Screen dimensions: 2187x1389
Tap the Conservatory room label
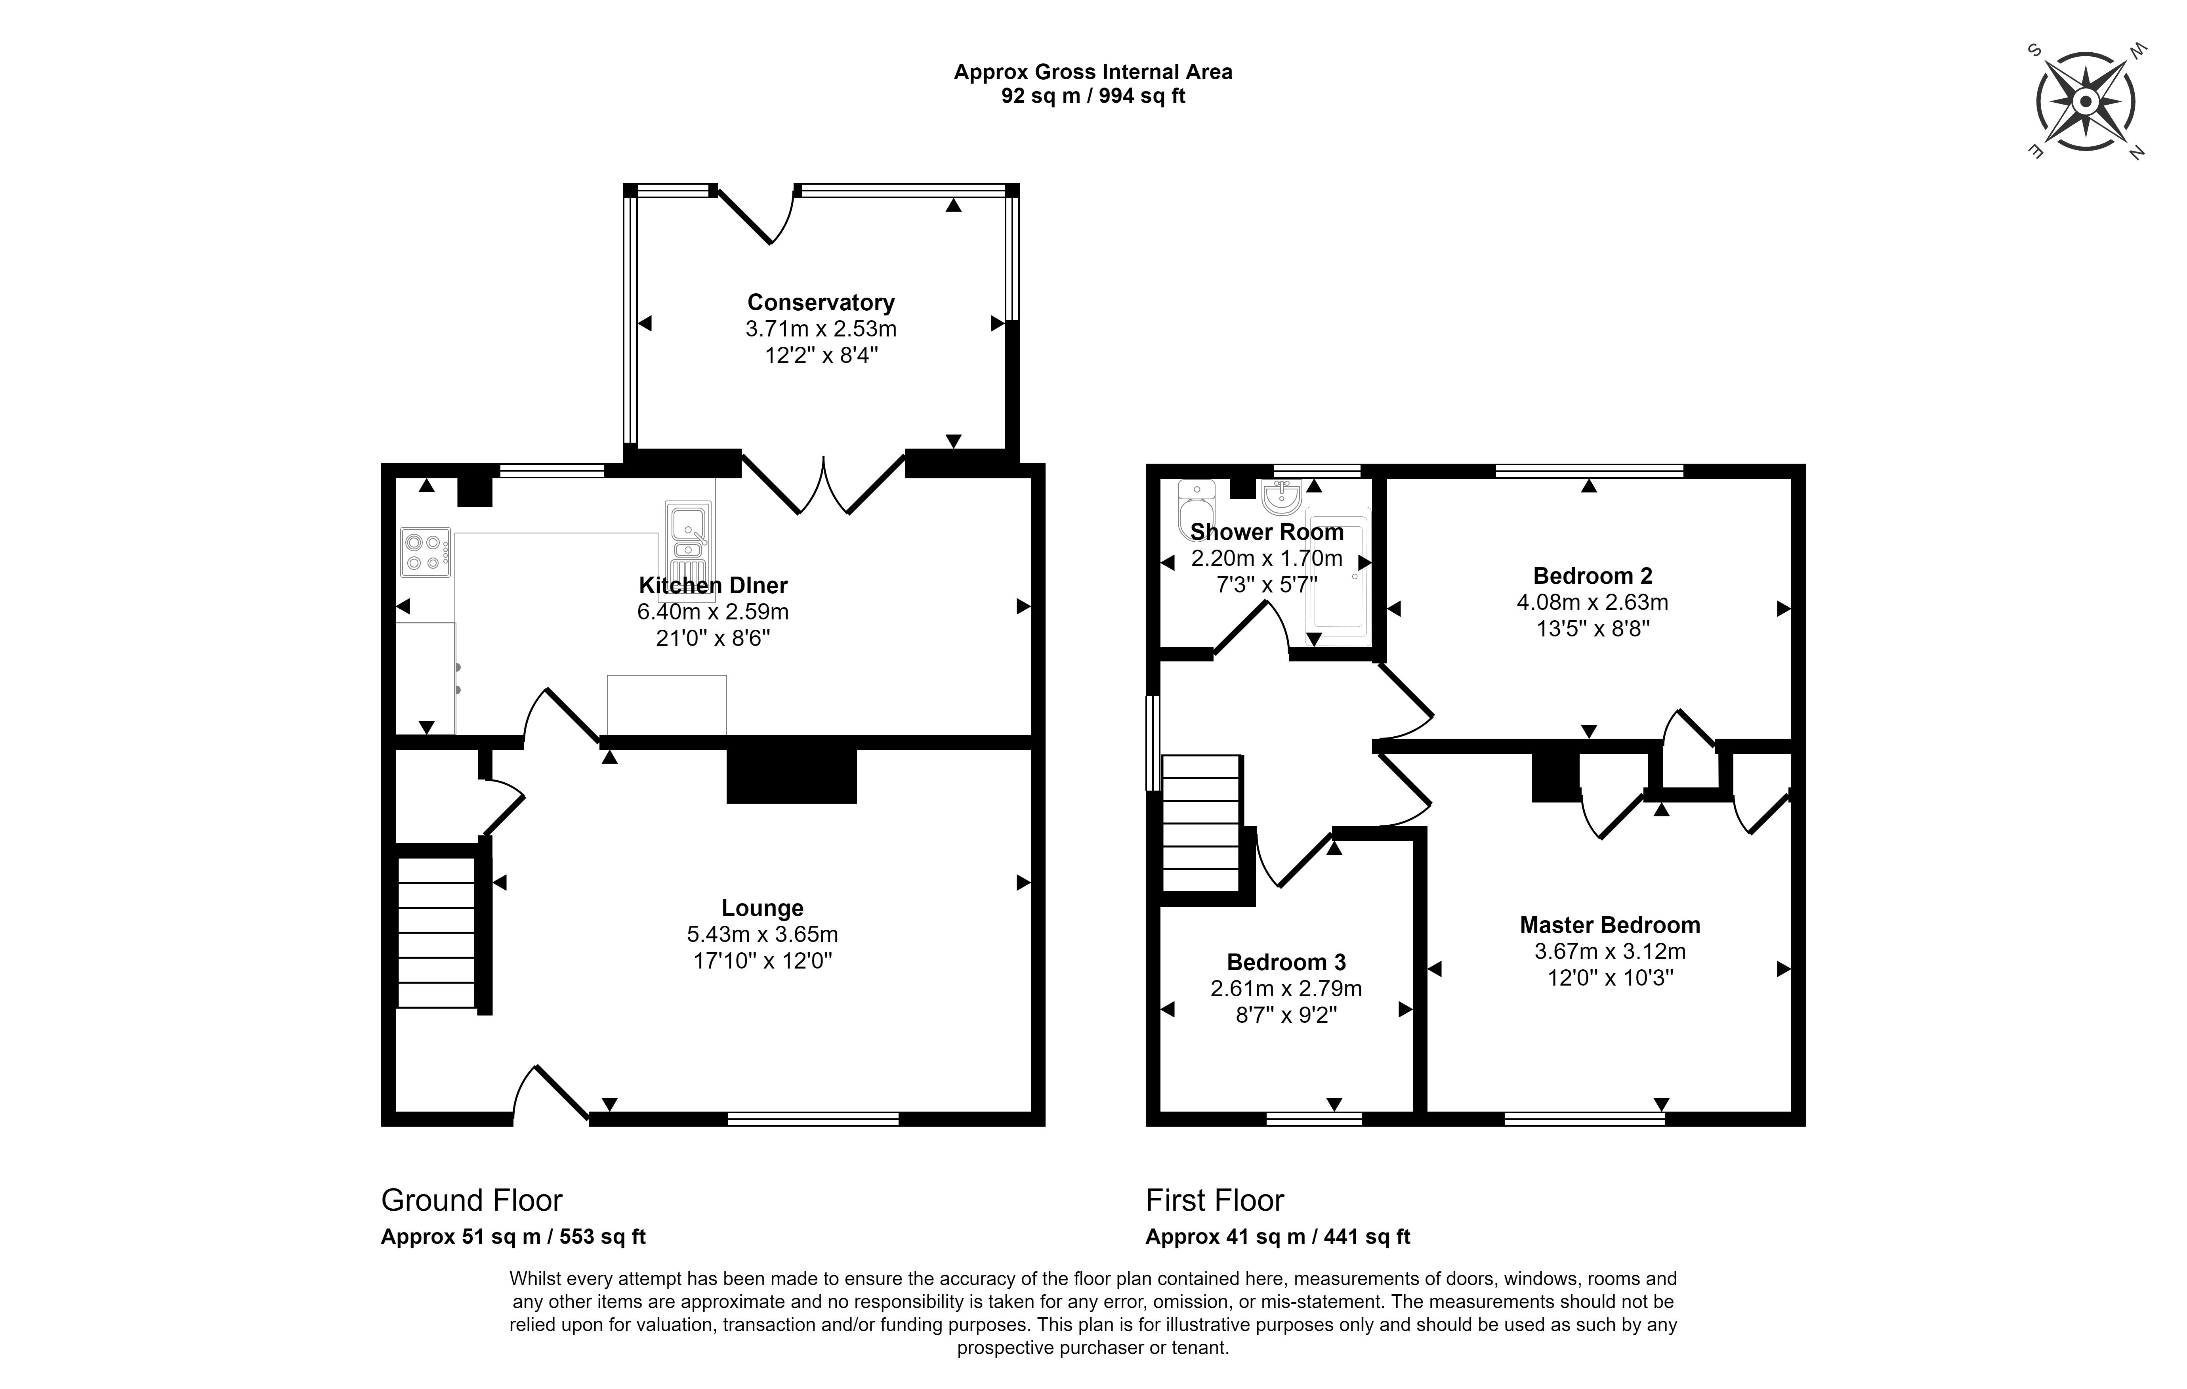821,302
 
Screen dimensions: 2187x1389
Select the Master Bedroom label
1610,925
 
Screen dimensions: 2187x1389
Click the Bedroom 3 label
1286,962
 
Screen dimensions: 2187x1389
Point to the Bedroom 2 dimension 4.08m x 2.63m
1592,602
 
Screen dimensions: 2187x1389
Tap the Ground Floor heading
471,1200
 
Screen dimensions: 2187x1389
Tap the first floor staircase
1200,823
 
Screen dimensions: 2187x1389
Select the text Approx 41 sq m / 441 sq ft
1278,1236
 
